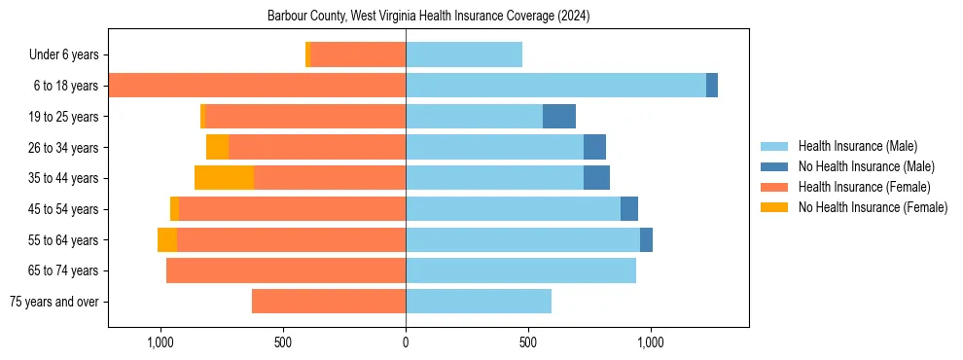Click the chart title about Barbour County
pyautogui.click(x=428, y=17)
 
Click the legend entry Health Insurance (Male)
pyautogui.click(x=857, y=146)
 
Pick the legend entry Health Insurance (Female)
pyautogui.click(x=864, y=187)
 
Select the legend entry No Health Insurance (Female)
pyautogui.click(x=873, y=207)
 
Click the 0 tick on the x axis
pyautogui.click(x=406, y=342)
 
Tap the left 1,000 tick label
pyautogui.click(x=160, y=342)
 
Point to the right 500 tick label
pyautogui.click(x=528, y=342)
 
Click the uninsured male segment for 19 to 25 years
pyautogui.click(x=559, y=117)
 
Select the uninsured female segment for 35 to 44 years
pyautogui.click(x=224, y=178)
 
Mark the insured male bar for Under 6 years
pyautogui.click(x=464, y=55)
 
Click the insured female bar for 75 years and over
pyautogui.click(x=329, y=302)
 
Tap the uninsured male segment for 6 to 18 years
pyautogui.click(x=712, y=86)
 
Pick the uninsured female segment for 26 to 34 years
pyautogui.click(x=217, y=147)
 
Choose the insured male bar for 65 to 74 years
pyautogui.click(x=520, y=270)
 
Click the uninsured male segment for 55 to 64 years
pyautogui.click(x=646, y=239)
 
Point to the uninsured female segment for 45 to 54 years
pyautogui.click(x=174, y=209)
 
